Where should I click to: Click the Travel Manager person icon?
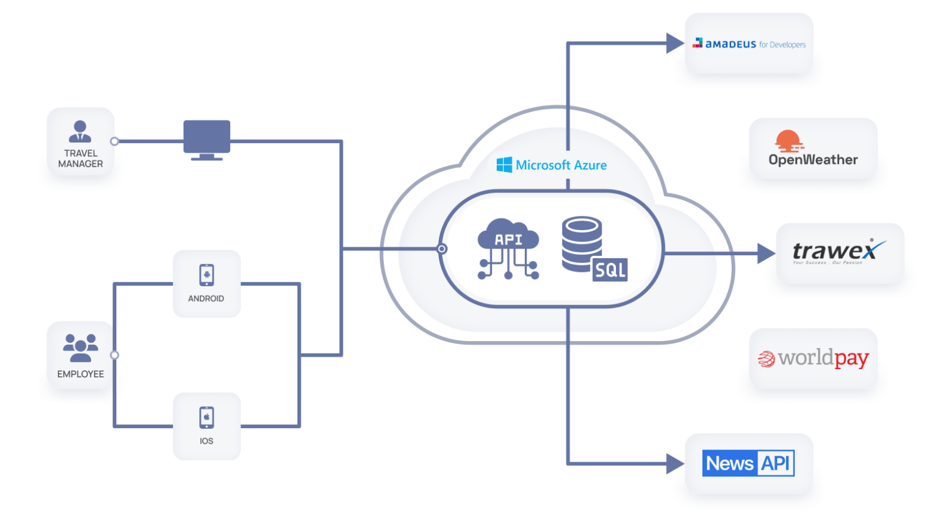(x=80, y=131)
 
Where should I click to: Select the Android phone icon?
(x=206, y=275)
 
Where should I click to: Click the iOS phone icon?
(x=206, y=417)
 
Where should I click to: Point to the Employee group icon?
(x=81, y=348)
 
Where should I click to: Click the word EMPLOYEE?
(x=81, y=374)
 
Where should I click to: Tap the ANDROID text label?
(x=206, y=298)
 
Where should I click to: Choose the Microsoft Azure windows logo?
(x=504, y=165)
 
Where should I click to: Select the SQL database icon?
(x=593, y=249)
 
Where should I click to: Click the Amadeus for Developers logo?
(x=749, y=44)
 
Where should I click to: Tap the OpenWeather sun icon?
(x=788, y=141)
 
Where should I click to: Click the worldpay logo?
(x=813, y=358)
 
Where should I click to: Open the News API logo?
(x=749, y=463)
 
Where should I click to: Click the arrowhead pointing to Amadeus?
(x=674, y=43)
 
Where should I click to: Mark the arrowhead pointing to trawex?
(x=766, y=253)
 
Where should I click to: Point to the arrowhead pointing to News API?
(x=674, y=463)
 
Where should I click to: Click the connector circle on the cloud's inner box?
(x=442, y=249)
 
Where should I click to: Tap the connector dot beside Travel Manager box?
(x=114, y=141)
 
